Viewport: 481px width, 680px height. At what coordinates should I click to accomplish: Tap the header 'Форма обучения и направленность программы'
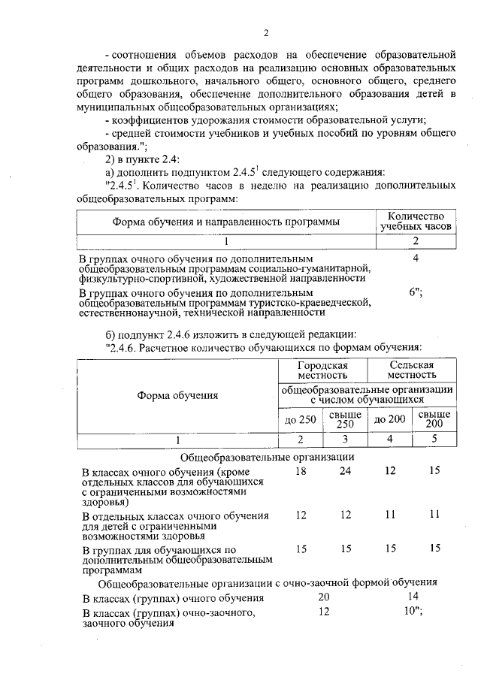(225, 222)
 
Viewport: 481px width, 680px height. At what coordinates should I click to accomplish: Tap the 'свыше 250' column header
(345, 419)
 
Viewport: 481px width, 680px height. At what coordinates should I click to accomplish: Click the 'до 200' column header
(389, 419)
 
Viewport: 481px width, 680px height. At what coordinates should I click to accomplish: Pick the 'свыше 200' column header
(434, 419)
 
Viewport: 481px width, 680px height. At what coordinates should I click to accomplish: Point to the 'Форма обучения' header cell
(177, 395)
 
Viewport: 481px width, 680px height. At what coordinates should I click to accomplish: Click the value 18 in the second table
(301, 470)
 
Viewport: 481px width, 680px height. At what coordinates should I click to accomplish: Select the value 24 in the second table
(345, 470)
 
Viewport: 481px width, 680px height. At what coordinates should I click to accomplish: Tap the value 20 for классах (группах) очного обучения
(324, 597)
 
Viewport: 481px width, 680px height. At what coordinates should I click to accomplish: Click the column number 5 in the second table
(434, 440)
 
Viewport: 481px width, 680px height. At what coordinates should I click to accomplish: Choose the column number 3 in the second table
(345, 440)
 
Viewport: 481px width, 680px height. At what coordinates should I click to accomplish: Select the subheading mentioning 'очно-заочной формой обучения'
(268, 582)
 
